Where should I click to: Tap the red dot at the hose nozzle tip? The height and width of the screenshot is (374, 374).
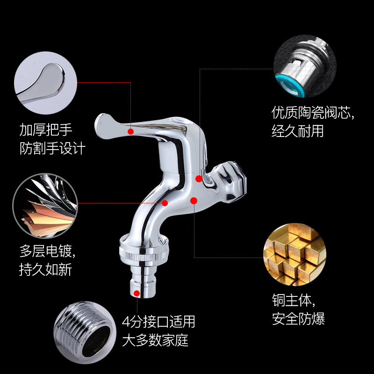[x=137, y=293]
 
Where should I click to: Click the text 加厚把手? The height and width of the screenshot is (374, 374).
[x=46, y=129]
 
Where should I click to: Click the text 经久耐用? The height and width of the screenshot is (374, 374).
[x=297, y=131]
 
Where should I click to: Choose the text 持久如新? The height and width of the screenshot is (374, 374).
[x=46, y=271]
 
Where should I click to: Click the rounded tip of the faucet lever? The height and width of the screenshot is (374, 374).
[x=102, y=122]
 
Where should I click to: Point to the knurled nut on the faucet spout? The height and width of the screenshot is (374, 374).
[x=140, y=252]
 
